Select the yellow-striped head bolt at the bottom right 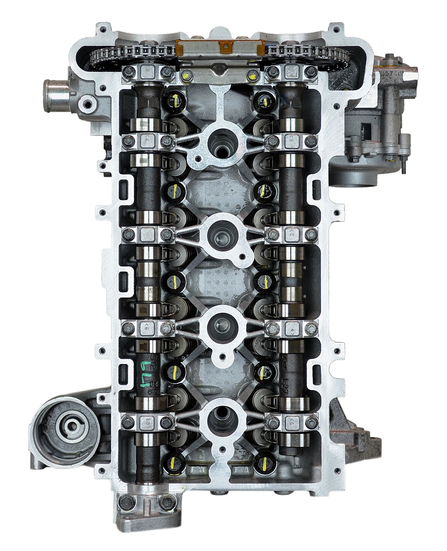pos(262,462)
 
